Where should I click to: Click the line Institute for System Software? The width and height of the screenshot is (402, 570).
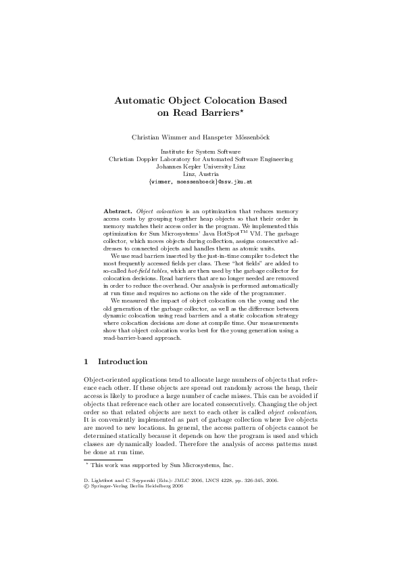point(201,152)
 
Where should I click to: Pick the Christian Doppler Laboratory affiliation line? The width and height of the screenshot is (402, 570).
point(201,160)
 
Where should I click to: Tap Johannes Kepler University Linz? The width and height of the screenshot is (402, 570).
point(201,167)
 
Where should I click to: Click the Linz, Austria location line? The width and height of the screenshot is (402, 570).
point(201,175)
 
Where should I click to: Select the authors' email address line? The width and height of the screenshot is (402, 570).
point(201,182)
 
